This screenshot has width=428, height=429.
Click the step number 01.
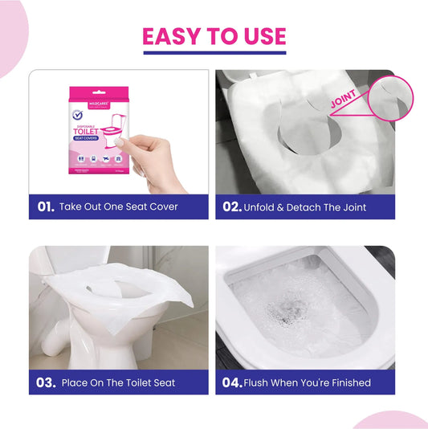pyautogui.click(x=46, y=206)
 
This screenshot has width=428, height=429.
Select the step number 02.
pyautogui.click(x=231, y=206)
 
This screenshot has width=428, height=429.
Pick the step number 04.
pyautogui.click(x=232, y=382)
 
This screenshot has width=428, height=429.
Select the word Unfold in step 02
pyautogui.click(x=263, y=206)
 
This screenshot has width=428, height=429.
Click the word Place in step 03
pyautogui.click(x=76, y=382)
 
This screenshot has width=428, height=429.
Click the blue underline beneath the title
pyautogui.click(x=214, y=53)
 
